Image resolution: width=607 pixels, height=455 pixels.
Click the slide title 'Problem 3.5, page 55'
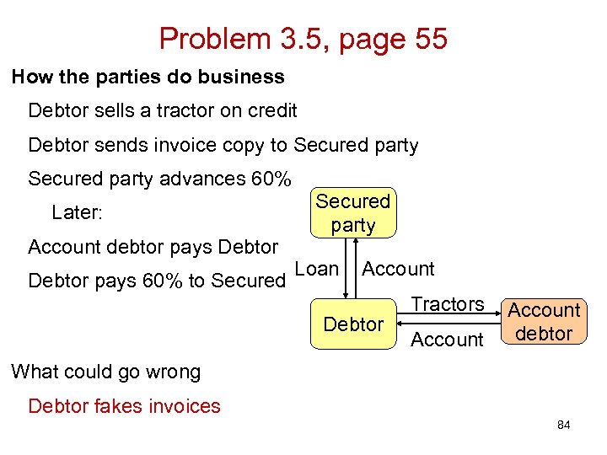tap(303, 38)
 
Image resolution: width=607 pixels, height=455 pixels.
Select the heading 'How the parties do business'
tap(148, 77)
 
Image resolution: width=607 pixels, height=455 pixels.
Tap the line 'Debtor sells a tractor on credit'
tap(162, 110)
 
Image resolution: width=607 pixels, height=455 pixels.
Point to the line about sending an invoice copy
tap(223, 145)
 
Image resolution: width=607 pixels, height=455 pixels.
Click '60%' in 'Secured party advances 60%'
tap(271, 179)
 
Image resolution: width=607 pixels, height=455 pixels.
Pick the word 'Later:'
tap(77, 212)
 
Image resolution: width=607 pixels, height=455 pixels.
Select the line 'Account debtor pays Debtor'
tap(153, 247)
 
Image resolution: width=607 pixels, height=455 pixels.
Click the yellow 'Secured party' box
tap(353, 213)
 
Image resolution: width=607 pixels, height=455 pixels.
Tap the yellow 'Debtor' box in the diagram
tap(353, 324)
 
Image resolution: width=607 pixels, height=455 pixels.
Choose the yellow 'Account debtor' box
tap(544, 322)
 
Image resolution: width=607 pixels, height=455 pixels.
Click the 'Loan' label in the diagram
tap(318, 269)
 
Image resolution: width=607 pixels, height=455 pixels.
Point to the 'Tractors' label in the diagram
tap(447, 304)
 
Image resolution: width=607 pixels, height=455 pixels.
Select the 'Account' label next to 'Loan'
tap(398, 269)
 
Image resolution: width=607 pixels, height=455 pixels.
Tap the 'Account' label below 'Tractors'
tap(447, 340)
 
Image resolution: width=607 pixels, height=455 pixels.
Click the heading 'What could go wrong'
tap(106, 372)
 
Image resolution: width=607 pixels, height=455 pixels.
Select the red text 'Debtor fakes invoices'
tap(124, 406)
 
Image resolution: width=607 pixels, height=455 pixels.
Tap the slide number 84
tap(563, 426)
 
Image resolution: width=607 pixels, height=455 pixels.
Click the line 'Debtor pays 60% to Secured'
tap(157, 281)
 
